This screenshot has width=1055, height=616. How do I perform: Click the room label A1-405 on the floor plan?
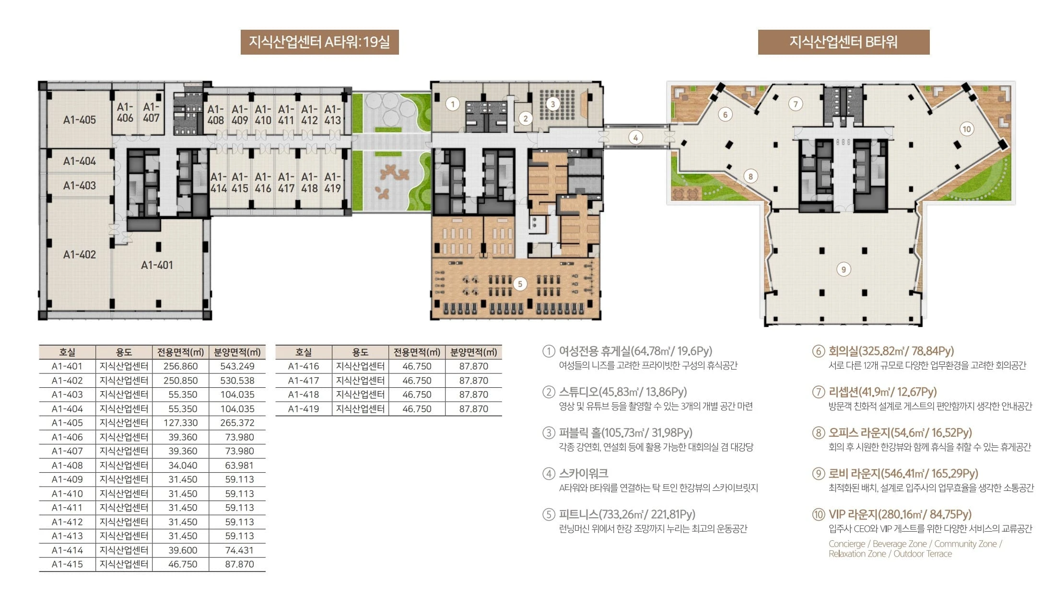(x=80, y=120)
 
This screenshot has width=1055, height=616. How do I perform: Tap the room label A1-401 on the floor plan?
(x=157, y=265)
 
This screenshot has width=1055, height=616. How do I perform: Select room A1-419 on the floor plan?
(x=332, y=183)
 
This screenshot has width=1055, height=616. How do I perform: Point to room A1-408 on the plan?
(x=215, y=115)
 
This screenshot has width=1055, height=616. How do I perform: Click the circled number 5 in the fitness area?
(x=520, y=284)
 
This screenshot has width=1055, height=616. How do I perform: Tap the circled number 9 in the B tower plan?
(x=844, y=269)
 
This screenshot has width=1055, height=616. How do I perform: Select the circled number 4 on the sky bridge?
(x=635, y=138)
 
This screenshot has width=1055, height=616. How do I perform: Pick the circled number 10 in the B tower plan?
(x=967, y=129)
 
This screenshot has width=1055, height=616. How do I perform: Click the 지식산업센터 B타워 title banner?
(x=844, y=42)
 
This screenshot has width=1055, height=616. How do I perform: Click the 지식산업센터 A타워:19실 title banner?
(x=319, y=42)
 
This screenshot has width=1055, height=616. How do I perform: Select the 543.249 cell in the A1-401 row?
(x=237, y=366)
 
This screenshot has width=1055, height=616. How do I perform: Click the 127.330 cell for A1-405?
(x=180, y=423)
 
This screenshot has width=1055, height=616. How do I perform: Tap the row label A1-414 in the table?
(x=67, y=550)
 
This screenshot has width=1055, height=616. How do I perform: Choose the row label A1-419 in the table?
(x=304, y=409)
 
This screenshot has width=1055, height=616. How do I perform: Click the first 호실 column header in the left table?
(x=67, y=352)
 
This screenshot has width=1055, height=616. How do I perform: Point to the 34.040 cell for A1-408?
(x=180, y=465)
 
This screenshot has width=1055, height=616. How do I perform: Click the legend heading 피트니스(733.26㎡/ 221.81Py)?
(x=627, y=514)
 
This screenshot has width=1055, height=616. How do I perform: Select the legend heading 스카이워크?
(x=583, y=474)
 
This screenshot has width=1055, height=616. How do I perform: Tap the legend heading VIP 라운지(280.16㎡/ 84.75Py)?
(x=900, y=514)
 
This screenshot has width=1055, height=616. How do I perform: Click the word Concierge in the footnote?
(x=846, y=544)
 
